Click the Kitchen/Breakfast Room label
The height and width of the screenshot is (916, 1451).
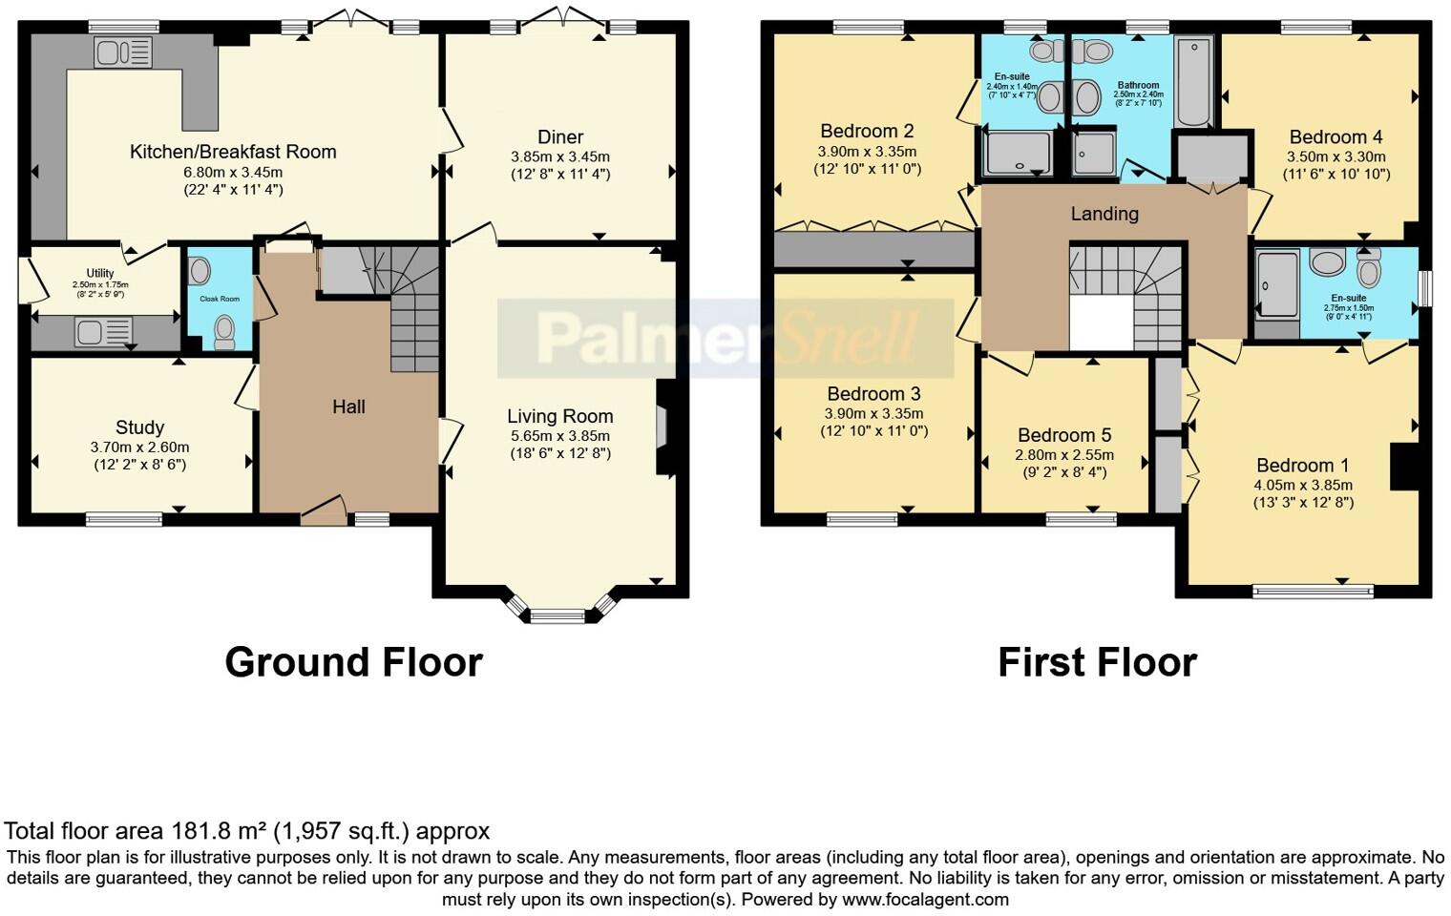[x=233, y=152]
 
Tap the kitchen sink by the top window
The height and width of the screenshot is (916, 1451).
[x=122, y=52]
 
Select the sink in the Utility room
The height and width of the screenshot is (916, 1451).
[x=103, y=332]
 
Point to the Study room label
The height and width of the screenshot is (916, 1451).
[x=139, y=427]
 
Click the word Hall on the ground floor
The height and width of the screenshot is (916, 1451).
[x=348, y=407]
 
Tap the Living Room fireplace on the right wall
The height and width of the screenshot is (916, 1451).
[x=662, y=427]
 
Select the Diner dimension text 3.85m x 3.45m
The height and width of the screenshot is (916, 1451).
[x=560, y=156]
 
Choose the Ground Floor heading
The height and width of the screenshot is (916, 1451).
[x=353, y=662]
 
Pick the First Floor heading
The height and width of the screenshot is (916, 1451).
[x=1097, y=662]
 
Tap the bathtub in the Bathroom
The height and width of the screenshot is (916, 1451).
[x=1193, y=83]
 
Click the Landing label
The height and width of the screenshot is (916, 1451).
[x=1104, y=214]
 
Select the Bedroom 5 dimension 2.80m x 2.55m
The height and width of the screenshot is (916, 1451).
[x=1064, y=455]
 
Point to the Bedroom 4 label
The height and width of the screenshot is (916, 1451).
[x=1335, y=137]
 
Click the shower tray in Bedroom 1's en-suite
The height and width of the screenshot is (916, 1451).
[x=1277, y=283]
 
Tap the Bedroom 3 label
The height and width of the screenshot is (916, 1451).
[x=873, y=394]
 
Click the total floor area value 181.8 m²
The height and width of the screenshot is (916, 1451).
[x=220, y=831]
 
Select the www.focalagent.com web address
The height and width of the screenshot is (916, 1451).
[x=925, y=899]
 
